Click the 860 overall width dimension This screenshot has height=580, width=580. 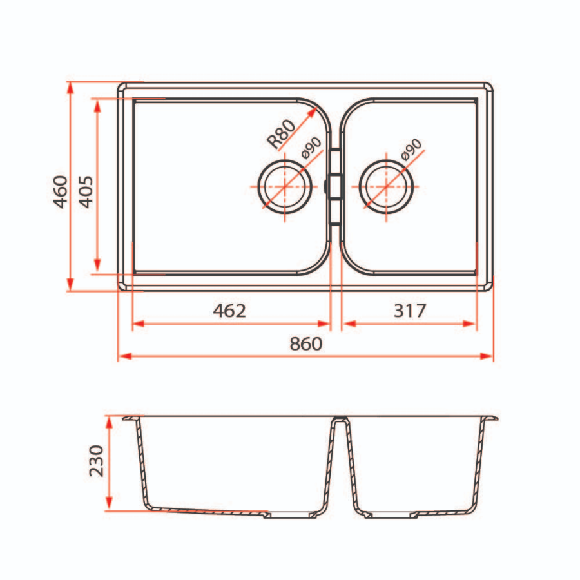[305, 344]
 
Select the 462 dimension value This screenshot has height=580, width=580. [229, 311]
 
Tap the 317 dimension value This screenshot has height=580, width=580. [409, 311]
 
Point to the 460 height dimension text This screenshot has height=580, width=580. [61, 191]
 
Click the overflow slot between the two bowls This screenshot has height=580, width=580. [334, 186]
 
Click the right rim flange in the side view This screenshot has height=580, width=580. [491, 419]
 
